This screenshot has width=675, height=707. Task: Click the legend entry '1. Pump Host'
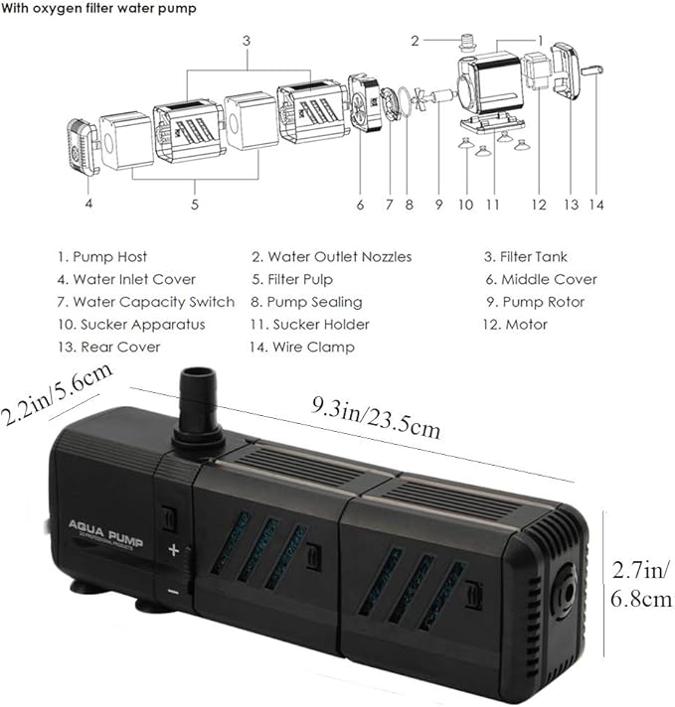pos(101,256)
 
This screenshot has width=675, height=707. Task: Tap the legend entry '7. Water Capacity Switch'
pos(145,302)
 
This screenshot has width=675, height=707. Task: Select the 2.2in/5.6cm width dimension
pos(56,393)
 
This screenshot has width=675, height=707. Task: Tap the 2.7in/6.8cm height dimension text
pos(641,585)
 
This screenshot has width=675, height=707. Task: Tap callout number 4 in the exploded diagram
pos(89,205)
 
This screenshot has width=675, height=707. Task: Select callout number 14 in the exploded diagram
pos(594,205)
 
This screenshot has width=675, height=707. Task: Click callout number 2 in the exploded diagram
pos(415,41)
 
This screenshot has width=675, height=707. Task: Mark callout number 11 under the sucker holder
pos(491,205)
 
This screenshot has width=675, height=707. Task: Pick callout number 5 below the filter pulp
pos(195,205)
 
